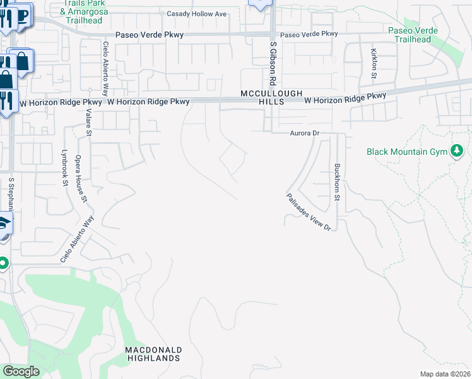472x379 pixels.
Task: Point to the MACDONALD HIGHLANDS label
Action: (x=153, y=354)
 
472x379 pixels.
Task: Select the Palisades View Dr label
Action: (x=308, y=212)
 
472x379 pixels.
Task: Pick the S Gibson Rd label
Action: (x=273, y=64)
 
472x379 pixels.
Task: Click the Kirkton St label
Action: (x=374, y=60)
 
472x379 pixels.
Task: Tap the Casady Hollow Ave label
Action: (x=196, y=14)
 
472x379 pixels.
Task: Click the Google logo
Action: (x=21, y=371)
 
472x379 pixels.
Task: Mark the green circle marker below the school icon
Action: (x=3, y=263)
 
